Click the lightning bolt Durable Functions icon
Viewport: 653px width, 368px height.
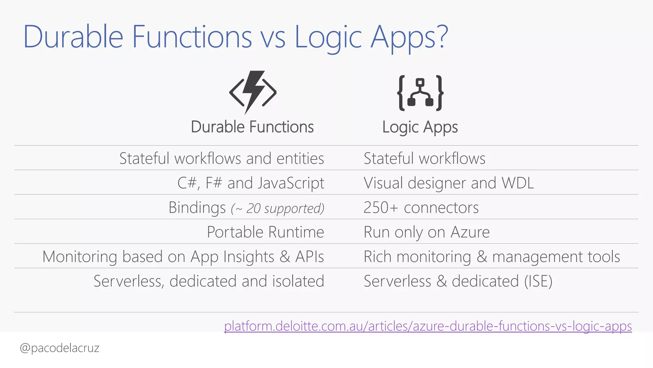coord(253,92)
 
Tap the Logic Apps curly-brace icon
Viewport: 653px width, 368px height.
coord(420,93)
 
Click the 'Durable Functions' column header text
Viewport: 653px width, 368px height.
coord(252,127)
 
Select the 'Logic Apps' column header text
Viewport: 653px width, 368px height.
coord(420,127)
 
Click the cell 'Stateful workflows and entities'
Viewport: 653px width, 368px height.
coord(222,158)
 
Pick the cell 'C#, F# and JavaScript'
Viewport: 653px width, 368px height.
coord(251,183)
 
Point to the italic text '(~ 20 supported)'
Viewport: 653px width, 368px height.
coord(277,208)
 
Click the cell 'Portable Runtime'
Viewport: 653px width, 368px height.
coord(265,232)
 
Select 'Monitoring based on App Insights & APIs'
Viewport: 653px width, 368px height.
coord(183,257)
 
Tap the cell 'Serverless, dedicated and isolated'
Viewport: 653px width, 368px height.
coord(209,281)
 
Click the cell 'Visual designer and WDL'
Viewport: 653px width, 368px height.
coord(449,183)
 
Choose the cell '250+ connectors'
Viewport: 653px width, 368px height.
coord(421,208)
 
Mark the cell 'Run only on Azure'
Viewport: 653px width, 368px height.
coord(427,232)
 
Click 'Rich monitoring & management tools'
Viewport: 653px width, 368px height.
coord(492,257)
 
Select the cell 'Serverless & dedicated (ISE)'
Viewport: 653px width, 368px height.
coord(458,281)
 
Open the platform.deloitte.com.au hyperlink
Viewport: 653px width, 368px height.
coord(428,326)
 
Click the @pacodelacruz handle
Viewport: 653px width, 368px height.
coord(60,348)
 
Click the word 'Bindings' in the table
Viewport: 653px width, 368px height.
coord(197,208)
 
